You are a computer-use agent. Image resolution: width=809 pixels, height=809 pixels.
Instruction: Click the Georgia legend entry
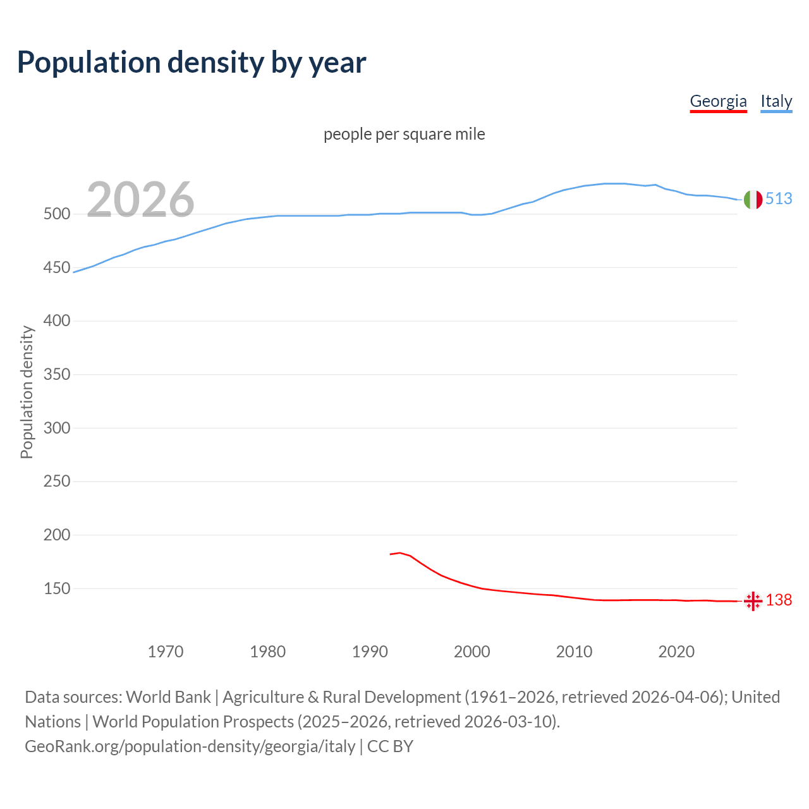718,101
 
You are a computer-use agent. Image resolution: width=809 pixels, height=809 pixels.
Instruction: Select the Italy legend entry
776,101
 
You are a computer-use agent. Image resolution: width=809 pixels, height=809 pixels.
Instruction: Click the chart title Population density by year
192,63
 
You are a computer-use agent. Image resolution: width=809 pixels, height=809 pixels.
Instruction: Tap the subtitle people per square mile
404,134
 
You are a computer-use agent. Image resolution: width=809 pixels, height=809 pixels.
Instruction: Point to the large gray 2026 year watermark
140,200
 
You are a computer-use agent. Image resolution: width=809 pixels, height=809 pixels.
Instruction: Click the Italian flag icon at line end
753,199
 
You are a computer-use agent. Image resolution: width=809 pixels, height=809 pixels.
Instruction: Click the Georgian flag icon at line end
753,600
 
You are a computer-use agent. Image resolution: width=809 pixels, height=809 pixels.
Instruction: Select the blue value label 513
779,198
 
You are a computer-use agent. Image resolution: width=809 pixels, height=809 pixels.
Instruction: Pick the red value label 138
779,600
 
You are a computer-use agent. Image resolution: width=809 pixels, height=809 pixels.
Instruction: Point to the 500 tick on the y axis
56,214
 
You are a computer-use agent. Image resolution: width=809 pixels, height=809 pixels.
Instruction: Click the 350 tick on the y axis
56,375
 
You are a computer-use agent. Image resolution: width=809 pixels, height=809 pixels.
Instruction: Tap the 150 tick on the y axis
56,588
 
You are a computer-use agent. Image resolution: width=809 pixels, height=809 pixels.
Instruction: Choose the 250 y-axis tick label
56,482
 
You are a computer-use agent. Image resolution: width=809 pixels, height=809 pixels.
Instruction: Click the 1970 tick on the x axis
166,651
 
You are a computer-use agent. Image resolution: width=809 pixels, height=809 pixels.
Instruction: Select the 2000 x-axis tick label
472,651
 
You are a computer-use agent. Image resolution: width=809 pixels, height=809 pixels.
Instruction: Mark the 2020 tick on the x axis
676,651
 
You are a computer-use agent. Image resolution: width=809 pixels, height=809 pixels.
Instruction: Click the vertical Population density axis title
27,392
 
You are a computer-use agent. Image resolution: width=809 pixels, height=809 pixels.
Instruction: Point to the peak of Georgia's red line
399,553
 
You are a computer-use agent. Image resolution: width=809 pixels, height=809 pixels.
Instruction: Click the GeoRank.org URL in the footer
190,746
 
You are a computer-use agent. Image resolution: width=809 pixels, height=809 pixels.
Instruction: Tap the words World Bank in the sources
168,697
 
